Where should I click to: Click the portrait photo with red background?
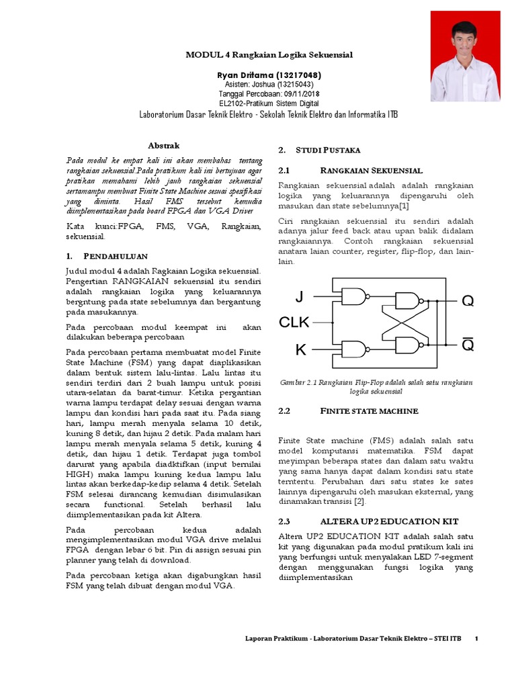(464, 56)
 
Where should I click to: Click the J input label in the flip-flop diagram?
(299, 297)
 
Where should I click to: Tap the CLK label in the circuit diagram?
(294, 322)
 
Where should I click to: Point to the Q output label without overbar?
(468, 301)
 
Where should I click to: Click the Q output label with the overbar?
(468, 345)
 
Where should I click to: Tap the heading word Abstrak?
(163, 145)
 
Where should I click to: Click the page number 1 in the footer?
(476, 638)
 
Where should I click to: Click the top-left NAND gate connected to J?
(353, 296)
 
